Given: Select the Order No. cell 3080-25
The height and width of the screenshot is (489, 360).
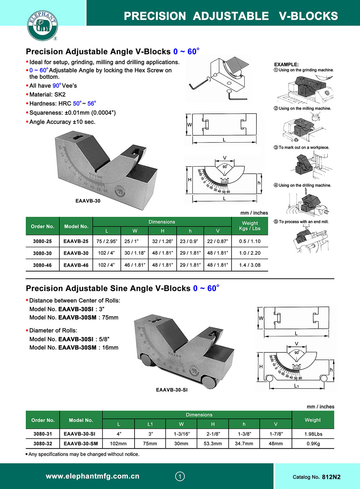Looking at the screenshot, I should pyautogui.click(x=42, y=241).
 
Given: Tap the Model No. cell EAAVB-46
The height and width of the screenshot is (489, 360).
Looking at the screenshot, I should pyautogui.click(x=76, y=265).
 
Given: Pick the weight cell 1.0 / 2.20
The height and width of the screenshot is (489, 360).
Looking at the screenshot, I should pyautogui.click(x=250, y=253).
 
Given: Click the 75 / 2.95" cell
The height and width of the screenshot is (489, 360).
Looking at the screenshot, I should pyautogui.click(x=107, y=241).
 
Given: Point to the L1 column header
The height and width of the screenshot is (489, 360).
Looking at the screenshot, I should pyautogui.click(x=150, y=424).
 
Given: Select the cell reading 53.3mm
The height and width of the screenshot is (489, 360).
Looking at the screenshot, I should pyautogui.click(x=213, y=444).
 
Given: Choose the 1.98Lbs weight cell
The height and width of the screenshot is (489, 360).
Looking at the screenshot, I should pyautogui.click(x=313, y=434).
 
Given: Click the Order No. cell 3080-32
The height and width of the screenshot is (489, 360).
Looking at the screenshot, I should pyautogui.click(x=43, y=444).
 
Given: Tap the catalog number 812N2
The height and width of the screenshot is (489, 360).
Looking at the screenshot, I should pyautogui.click(x=331, y=477).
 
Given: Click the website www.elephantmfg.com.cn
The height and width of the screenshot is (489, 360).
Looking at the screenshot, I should pyautogui.click(x=93, y=476).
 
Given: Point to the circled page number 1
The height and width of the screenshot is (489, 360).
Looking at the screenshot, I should pyautogui.click(x=180, y=477).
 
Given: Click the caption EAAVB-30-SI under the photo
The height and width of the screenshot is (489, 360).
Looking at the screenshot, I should pyautogui.click(x=172, y=390).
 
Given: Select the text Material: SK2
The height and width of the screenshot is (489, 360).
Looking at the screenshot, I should pyautogui.click(x=47, y=95).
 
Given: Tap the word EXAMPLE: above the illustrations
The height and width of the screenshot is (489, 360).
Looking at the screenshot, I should pyautogui.click(x=286, y=65).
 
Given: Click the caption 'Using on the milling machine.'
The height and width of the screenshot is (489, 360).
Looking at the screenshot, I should pyautogui.click(x=305, y=109).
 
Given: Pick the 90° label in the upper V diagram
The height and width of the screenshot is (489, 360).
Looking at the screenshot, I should pyautogui.click(x=225, y=167).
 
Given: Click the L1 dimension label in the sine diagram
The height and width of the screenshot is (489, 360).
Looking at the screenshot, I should pyautogui.click(x=296, y=386).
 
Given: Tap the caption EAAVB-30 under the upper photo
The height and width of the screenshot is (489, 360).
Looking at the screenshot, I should pyautogui.click(x=88, y=201).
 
